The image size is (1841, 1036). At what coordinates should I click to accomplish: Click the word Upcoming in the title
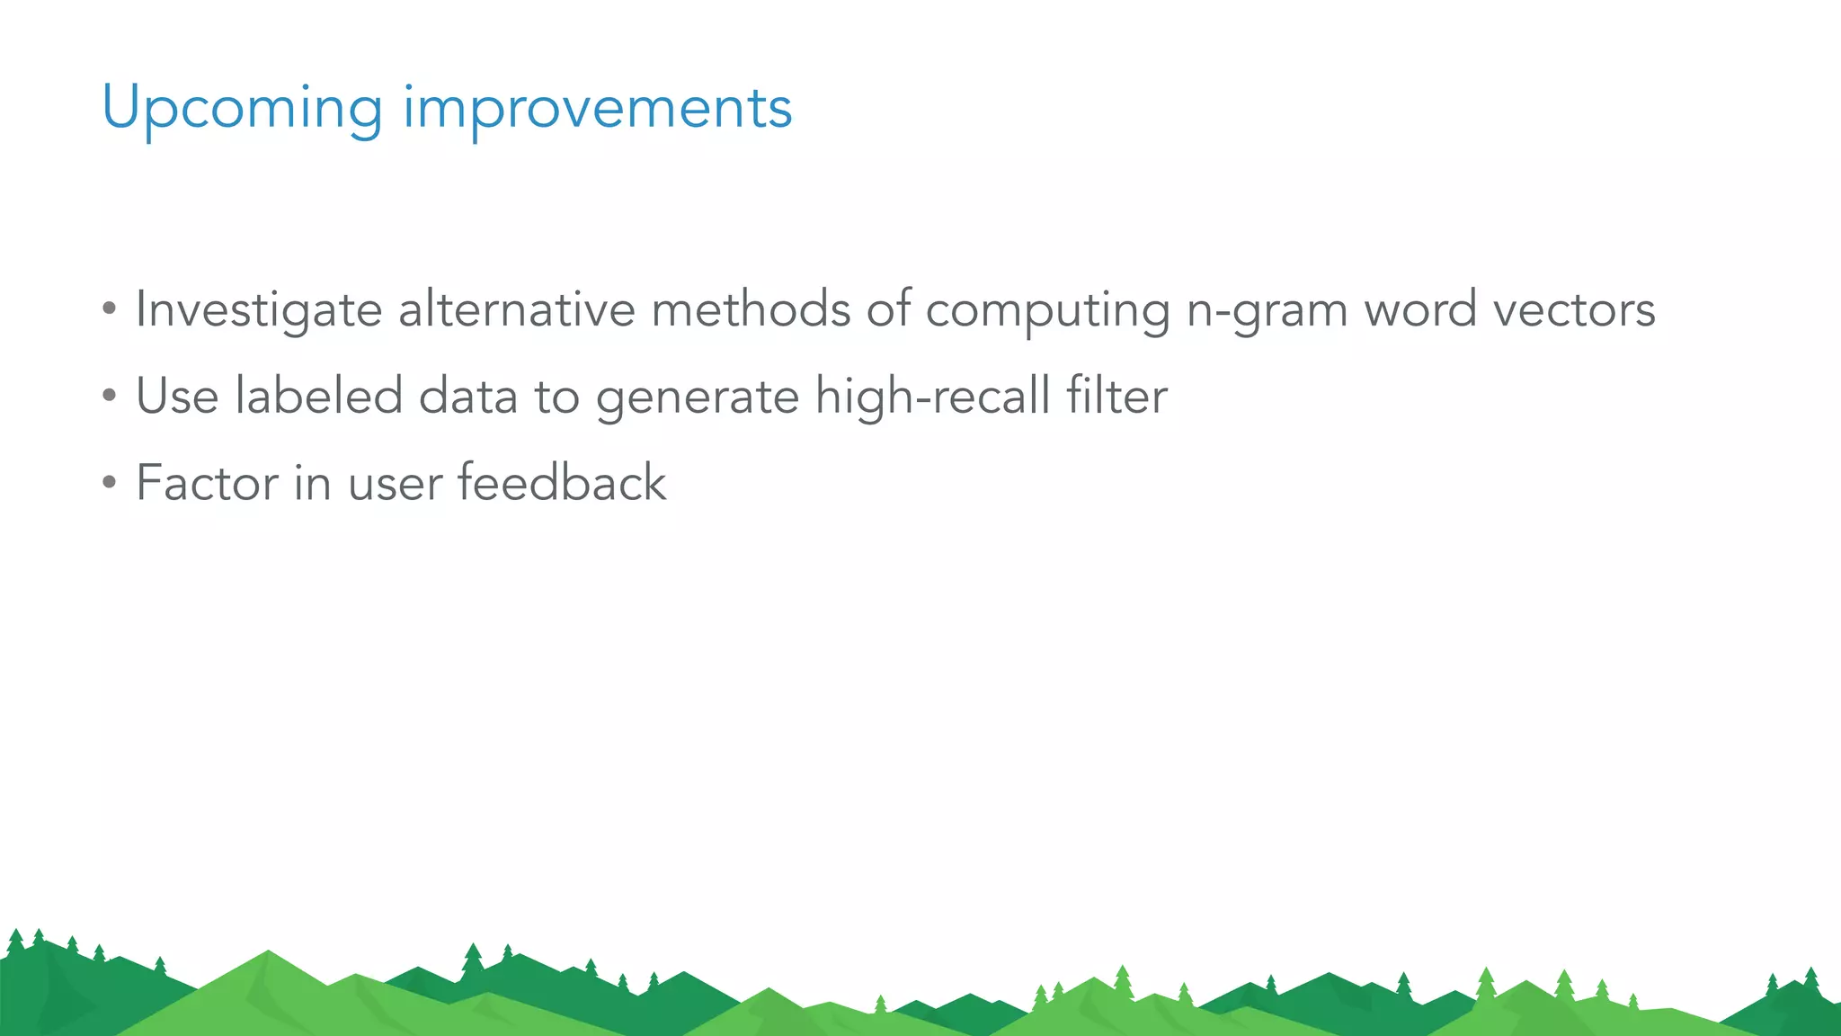pos(243,108)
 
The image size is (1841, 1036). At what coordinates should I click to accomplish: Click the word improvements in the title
pos(597,108)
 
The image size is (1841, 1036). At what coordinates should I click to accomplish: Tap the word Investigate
pos(259,310)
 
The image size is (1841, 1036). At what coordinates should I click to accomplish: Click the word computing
pos(1048,310)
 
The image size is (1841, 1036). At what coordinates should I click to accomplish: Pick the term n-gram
pos(1267,310)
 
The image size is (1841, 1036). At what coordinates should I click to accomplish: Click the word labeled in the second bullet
pos(318,396)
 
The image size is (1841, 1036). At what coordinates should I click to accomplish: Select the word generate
pos(698,397)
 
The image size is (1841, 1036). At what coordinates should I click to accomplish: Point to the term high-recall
pos(932,396)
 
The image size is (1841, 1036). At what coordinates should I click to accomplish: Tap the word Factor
pos(207,483)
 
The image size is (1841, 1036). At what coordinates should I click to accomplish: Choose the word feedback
pos(562,482)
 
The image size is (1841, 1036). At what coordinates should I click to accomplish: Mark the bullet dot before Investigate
pos(109,309)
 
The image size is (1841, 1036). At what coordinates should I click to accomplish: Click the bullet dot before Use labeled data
pos(109,396)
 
